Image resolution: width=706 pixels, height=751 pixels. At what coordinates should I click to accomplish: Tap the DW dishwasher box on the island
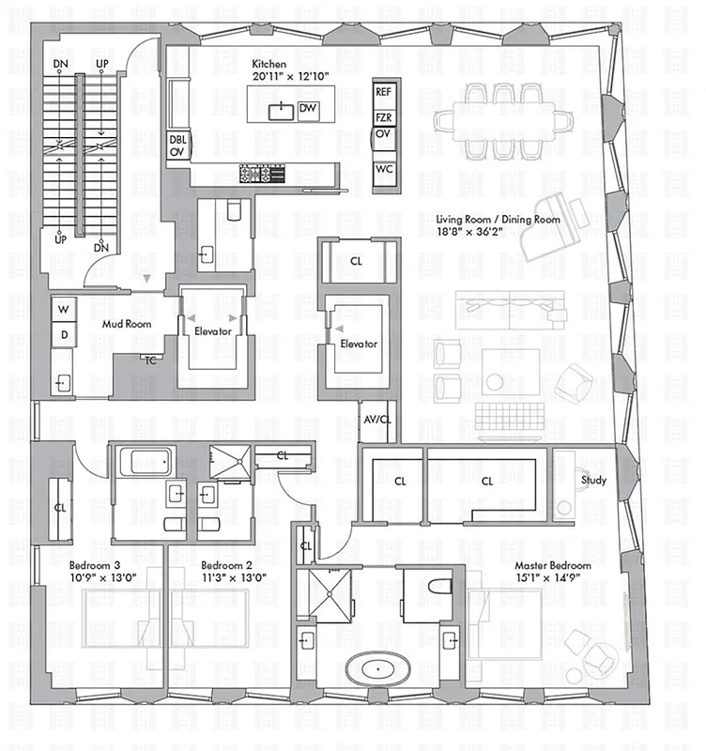pos(307,110)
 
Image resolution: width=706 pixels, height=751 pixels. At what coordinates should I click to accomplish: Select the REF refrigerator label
pos(383,92)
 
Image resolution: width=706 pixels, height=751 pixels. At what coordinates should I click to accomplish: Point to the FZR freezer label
pos(383,118)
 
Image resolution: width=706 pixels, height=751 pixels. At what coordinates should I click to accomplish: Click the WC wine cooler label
pos(383,170)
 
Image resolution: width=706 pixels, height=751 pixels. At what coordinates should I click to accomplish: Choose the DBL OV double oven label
pos(176,147)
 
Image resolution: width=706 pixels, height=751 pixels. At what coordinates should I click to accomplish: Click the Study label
pos(593,481)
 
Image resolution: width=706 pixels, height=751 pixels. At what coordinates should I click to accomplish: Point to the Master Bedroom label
pos(553,566)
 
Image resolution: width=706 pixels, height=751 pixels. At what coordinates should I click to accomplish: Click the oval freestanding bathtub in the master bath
pos(377,670)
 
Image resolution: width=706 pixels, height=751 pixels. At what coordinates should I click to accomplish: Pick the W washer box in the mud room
pos(64,310)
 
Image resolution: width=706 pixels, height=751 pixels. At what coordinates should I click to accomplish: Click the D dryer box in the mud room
pos(64,334)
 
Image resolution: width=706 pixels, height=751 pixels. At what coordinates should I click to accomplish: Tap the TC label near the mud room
pos(149,359)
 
